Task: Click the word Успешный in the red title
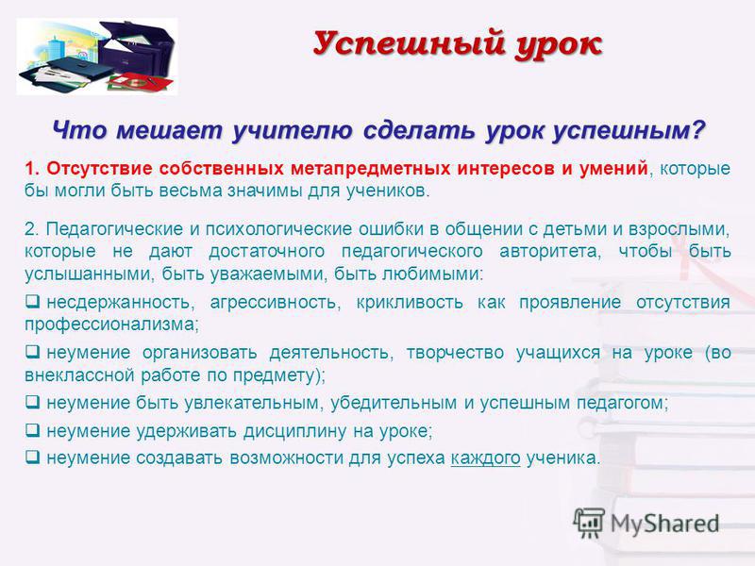point(410,44)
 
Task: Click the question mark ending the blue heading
point(697,129)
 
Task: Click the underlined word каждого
point(485,458)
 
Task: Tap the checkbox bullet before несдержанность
point(33,302)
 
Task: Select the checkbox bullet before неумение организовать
point(33,352)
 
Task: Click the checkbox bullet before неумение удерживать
point(33,430)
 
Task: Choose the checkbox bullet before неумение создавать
point(33,457)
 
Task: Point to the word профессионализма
point(111,325)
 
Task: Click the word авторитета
point(550,252)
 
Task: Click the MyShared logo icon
point(589,523)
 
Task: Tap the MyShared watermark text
point(665,524)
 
